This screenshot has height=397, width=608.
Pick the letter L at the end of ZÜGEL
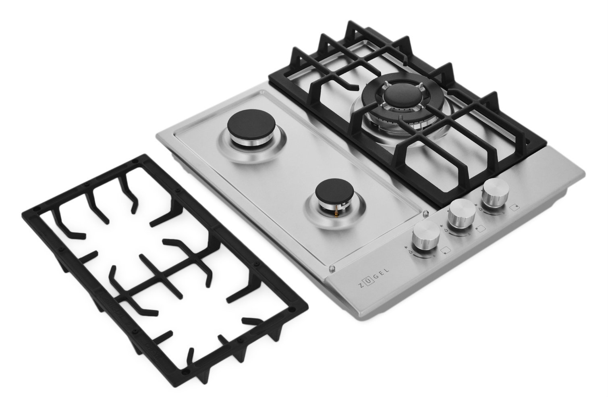[x=386, y=271]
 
